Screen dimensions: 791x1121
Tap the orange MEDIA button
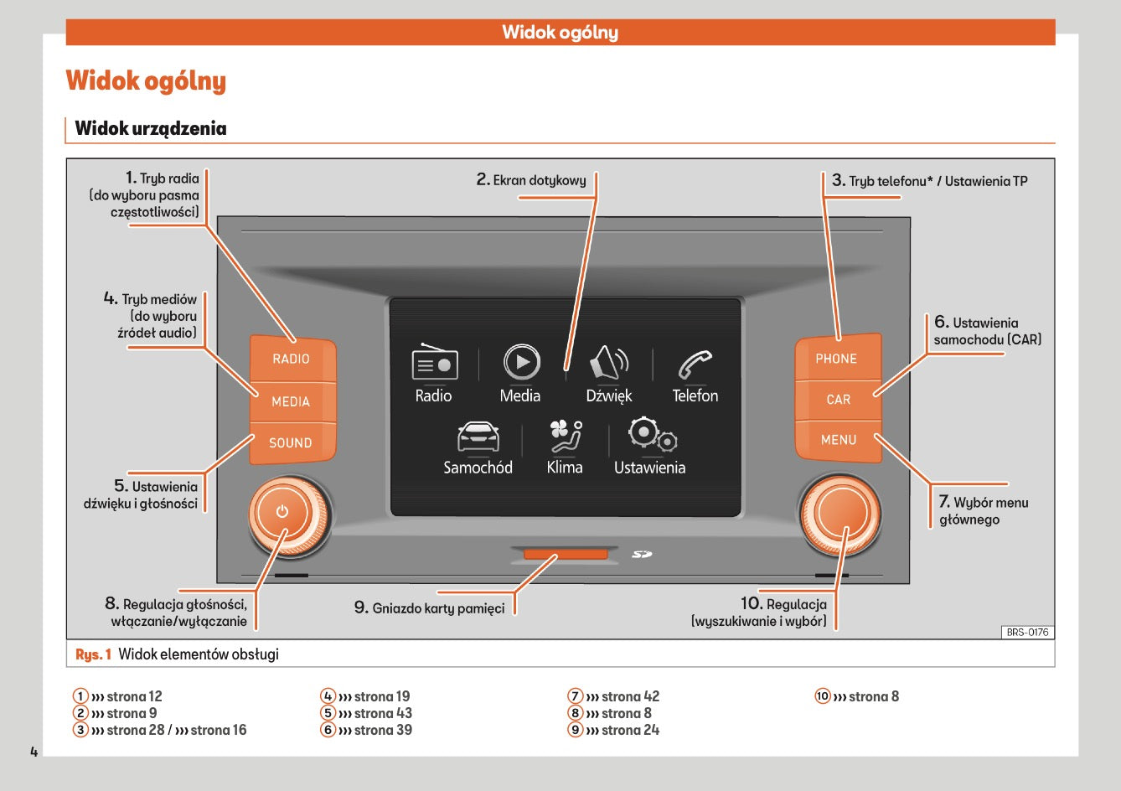(x=292, y=401)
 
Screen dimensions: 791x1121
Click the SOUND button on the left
(x=291, y=442)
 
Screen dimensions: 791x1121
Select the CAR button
(x=838, y=400)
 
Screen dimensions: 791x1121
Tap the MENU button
(x=838, y=440)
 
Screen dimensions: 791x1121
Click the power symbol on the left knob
(x=282, y=512)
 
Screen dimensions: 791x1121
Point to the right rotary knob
(x=839, y=514)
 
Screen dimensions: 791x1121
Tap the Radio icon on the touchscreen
(x=434, y=363)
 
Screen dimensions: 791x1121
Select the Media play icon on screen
(x=521, y=362)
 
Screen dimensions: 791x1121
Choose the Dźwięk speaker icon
(x=609, y=363)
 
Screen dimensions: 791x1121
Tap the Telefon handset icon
(x=695, y=364)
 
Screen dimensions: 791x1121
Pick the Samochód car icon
(x=478, y=436)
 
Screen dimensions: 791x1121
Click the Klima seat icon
(x=565, y=436)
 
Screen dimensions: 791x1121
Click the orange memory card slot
(x=566, y=555)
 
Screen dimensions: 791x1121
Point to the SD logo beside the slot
(x=642, y=554)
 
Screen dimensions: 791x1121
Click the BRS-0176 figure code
(x=1027, y=632)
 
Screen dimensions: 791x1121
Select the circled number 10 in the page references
(x=823, y=696)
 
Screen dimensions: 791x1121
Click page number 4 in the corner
(x=34, y=751)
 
